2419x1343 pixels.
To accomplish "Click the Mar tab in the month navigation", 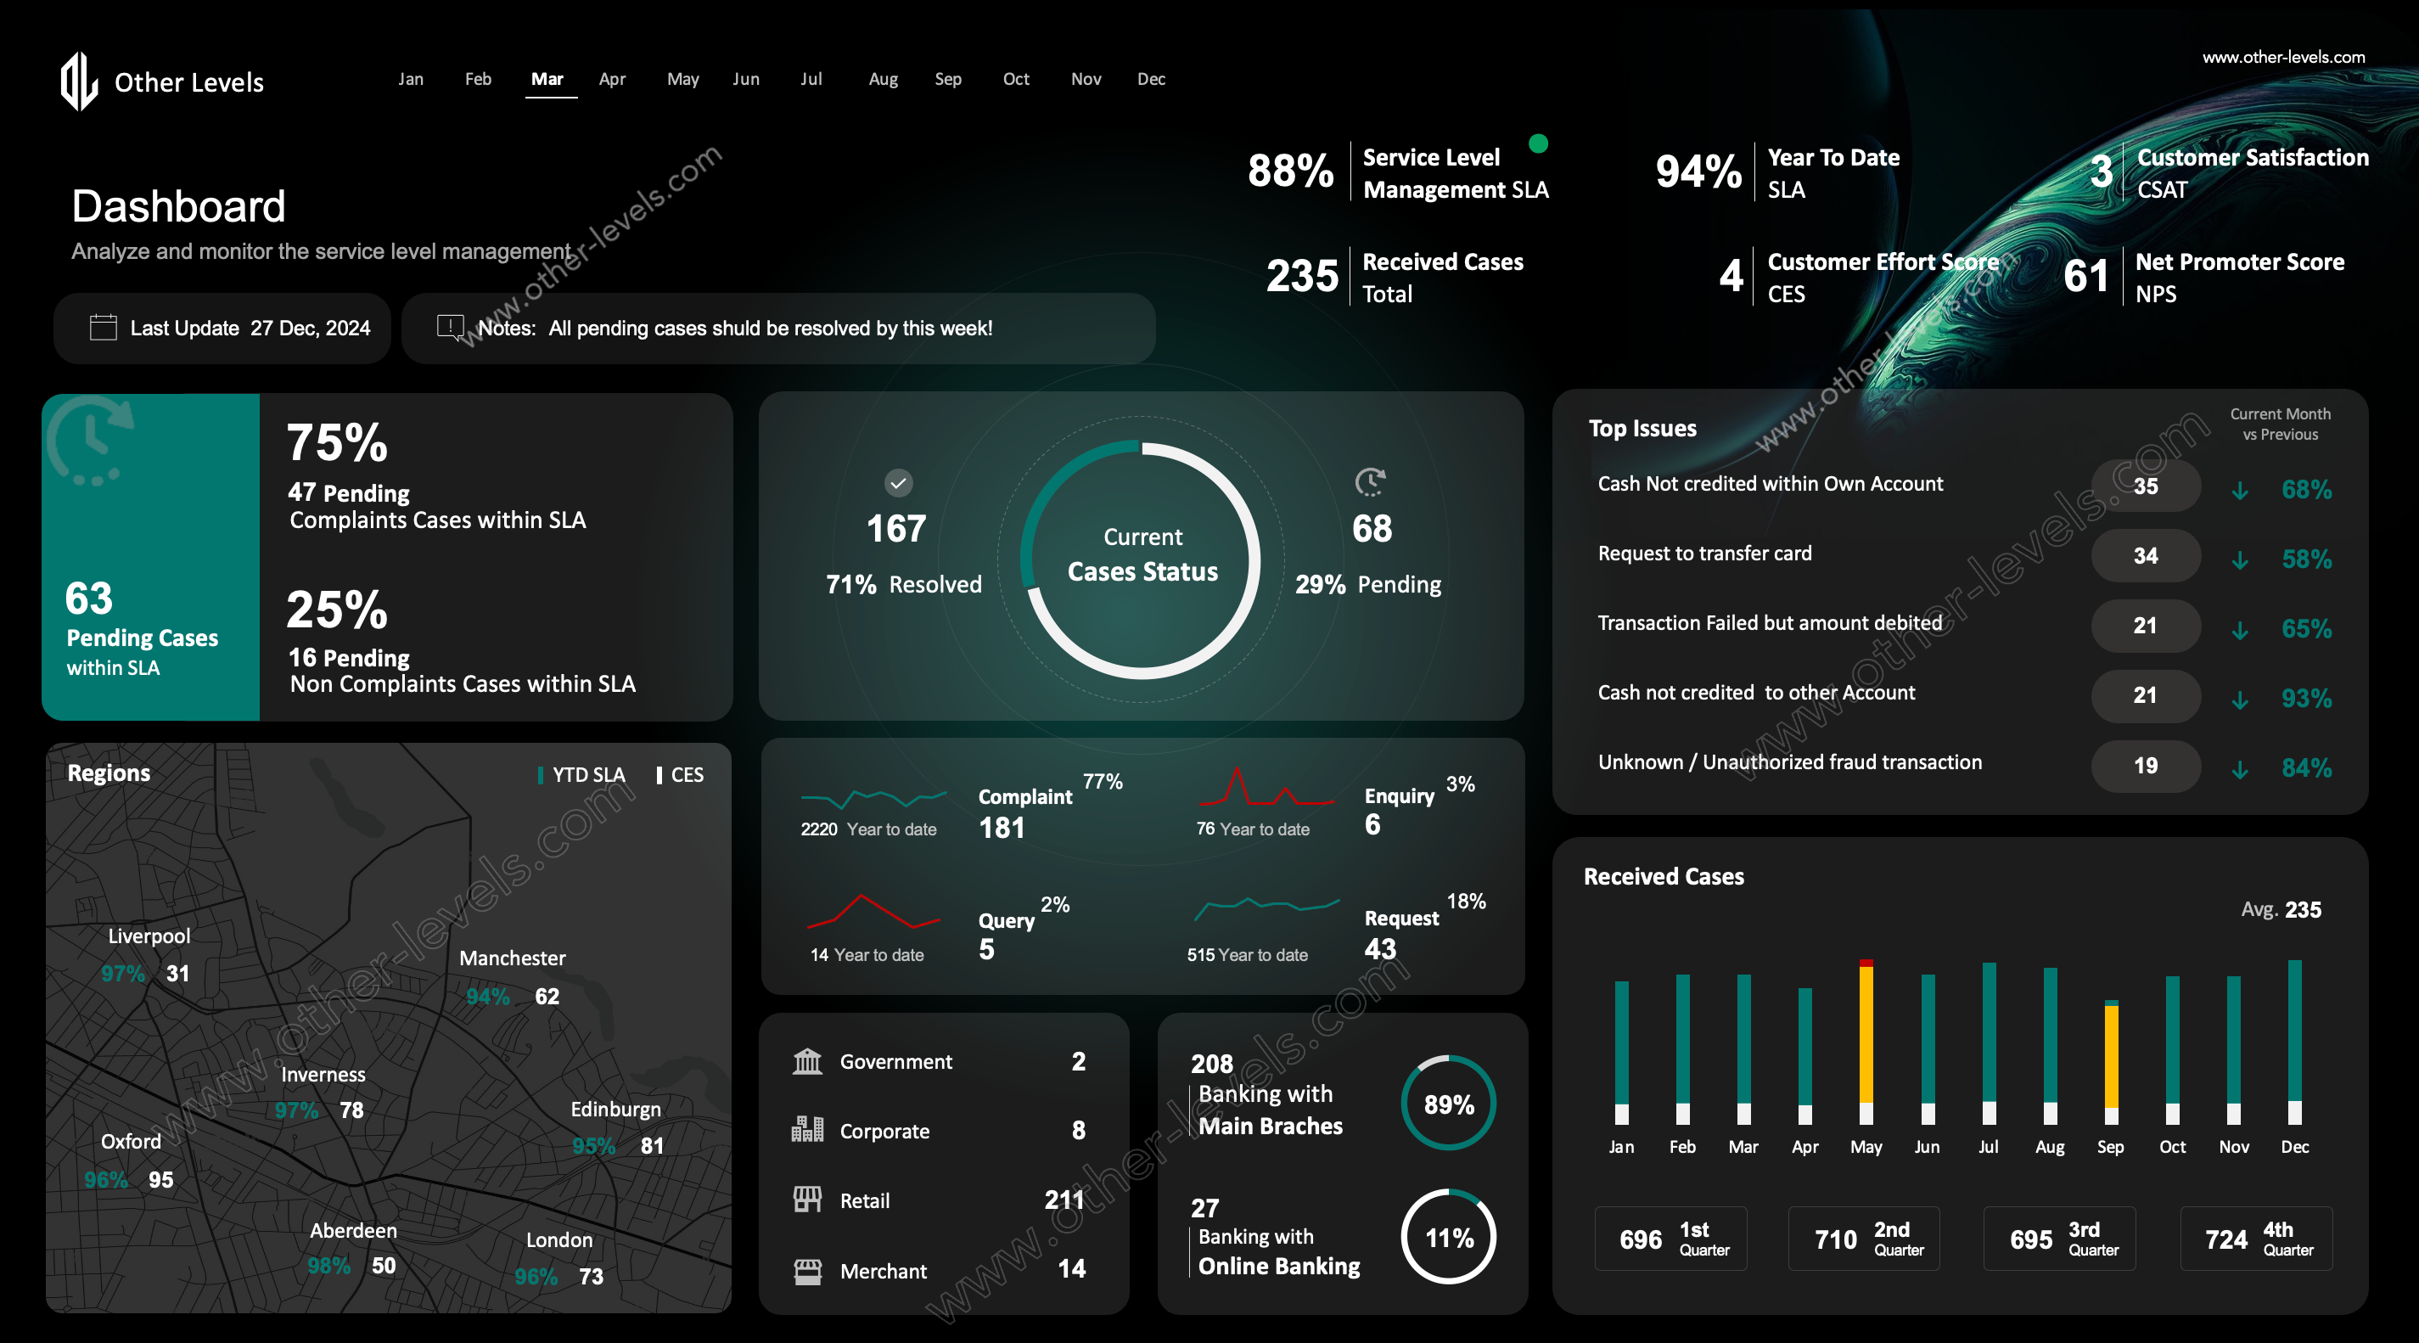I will click(x=547, y=79).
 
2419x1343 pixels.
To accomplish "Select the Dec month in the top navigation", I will click(x=1150, y=79).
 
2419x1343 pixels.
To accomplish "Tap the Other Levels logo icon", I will click(x=79, y=81).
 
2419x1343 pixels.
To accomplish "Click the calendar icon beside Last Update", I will click(x=103, y=328).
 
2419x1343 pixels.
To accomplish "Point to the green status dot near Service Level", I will click(x=1538, y=143).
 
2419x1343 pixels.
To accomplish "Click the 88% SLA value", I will click(x=1290, y=171).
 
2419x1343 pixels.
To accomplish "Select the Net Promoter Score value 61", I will click(x=2085, y=276).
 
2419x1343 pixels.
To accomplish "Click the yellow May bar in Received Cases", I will click(x=1866, y=1033).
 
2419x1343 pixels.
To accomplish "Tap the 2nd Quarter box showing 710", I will click(x=1863, y=1239).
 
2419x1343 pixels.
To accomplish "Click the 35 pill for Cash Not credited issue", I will click(x=2145, y=486).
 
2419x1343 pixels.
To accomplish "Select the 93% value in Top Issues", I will click(x=2306, y=698).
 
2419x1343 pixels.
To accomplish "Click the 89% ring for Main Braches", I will click(x=1448, y=1104).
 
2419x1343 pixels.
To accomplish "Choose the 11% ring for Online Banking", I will click(x=1448, y=1238).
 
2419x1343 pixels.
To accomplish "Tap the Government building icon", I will click(x=806, y=1061).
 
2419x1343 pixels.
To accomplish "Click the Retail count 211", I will click(x=1064, y=1200).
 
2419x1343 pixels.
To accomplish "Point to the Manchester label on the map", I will click(x=512, y=958).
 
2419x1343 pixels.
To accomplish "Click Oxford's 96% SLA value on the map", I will click(x=106, y=1180).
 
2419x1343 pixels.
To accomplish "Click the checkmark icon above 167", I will click(x=898, y=483).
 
